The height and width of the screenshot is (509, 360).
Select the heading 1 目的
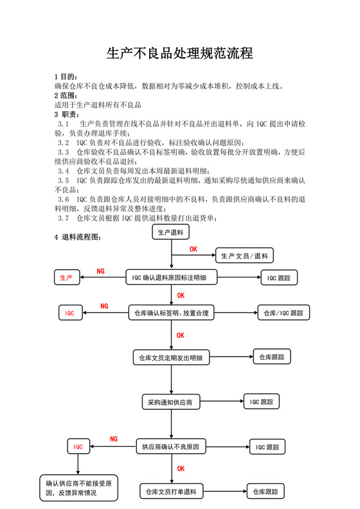66,76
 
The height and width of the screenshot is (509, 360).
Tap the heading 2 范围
66,95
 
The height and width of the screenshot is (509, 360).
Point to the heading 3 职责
66,114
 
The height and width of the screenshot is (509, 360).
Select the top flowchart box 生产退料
171,232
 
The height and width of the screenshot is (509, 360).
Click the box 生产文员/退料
244,256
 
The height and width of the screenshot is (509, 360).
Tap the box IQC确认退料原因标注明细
171,278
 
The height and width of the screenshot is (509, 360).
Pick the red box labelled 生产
66,278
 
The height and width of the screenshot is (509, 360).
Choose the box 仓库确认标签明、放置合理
171,313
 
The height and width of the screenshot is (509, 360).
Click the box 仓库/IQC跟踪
283,313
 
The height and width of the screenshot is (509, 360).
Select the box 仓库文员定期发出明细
171,357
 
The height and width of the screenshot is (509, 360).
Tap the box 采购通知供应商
171,402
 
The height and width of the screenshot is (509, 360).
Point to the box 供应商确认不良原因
171,446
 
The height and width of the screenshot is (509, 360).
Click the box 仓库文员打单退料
171,492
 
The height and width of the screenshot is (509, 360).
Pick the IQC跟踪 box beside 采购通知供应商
262,402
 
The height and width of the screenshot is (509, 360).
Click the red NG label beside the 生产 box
100,271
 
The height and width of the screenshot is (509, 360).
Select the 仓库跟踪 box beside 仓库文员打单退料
265,492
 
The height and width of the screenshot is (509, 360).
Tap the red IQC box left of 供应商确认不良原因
78,446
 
